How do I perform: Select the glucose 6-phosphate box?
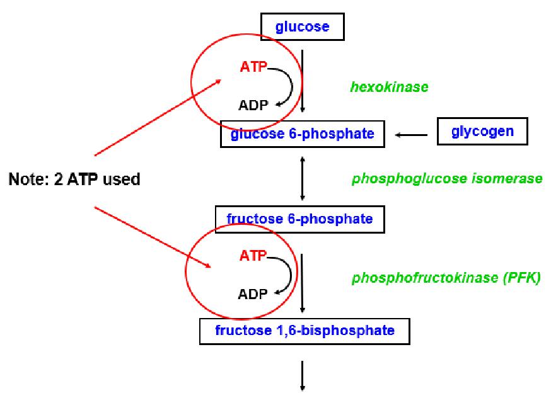coord(302,133)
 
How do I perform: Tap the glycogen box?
coord(482,132)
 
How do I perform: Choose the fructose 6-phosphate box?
coord(299,219)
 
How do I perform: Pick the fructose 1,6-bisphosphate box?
coord(304,329)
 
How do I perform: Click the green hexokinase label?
coord(389,87)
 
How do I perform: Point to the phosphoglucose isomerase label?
coord(446,178)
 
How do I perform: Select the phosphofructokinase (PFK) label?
coord(446,278)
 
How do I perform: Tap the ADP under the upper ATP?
coord(253,105)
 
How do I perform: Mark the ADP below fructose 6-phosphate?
coord(253,293)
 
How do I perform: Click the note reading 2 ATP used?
coord(74,179)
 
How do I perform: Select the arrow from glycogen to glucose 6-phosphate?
coord(411,134)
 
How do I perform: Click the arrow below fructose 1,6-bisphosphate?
coord(303,376)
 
